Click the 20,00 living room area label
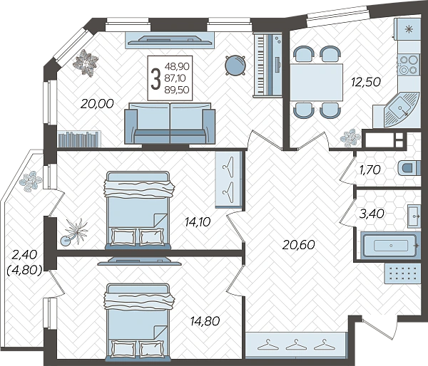point(97,104)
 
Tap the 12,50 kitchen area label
point(366,82)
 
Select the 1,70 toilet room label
point(370,169)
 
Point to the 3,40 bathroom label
point(372,214)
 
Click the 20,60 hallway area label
point(299,245)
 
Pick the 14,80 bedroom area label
point(205,321)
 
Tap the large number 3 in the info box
point(156,78)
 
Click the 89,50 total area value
point(177,90)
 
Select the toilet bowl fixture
point(409,167)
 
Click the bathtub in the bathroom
point(389,246)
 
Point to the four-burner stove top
point(409,65)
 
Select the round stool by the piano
point(235,66)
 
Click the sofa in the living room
point(170,123)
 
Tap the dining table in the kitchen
point(316,83)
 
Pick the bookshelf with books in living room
point(79,139)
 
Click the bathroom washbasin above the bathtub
point(414,216)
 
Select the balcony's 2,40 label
point(24,255)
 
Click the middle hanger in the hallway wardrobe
point(295,345)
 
